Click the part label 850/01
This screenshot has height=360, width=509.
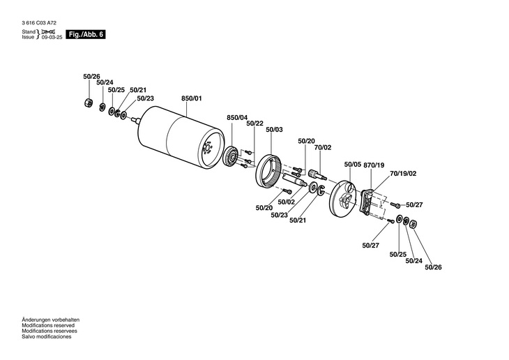191,98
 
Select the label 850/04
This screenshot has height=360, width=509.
237,117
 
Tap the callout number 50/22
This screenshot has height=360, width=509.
254,123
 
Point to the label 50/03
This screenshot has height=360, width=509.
274,130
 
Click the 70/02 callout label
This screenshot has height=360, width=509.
322,148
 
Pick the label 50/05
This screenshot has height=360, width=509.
353,165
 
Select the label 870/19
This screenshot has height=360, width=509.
374,165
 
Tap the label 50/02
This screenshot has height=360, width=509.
287,202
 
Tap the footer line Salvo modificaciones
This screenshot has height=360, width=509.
47,337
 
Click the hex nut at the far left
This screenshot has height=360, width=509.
86,103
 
